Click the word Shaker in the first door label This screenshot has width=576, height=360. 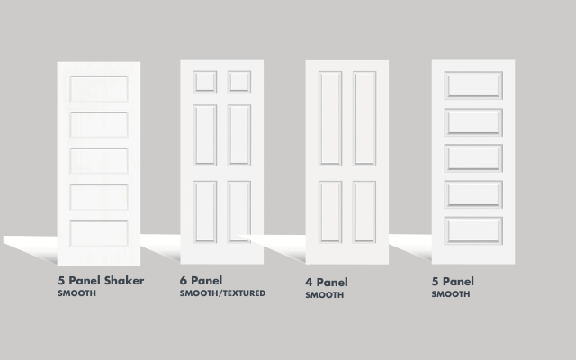tap(124, 281)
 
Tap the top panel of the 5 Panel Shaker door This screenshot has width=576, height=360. tap(99, 88)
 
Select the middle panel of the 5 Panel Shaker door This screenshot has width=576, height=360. tap(99, 160)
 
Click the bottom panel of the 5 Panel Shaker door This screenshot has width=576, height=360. tap(99, 233)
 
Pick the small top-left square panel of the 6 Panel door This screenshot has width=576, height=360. tap(205, 82)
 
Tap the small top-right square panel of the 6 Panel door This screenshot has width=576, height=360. tap(239, 82)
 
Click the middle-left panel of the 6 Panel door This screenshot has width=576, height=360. tap(205, 135)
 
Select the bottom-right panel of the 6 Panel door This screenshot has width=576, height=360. tap(239, 211)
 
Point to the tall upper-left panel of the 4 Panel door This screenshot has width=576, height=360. tap(330, 118)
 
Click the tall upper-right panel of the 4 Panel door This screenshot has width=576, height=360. tap(364, 118)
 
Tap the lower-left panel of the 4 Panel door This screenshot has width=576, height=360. tap(330, 211)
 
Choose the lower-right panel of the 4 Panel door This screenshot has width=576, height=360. tap(364, 211)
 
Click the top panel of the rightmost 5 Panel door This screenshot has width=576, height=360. tap(473, 85)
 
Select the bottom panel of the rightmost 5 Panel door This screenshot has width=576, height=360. tap(473, 230)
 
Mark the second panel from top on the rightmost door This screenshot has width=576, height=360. tap(473, 122)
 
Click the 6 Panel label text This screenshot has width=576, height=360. tap(201, 281)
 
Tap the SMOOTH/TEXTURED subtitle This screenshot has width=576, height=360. tap(222, 293)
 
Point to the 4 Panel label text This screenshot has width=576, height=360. tap(327, 282)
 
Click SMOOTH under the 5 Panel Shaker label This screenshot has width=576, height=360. tap(77, 293)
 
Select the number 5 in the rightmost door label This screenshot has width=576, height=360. tap(436, 282)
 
